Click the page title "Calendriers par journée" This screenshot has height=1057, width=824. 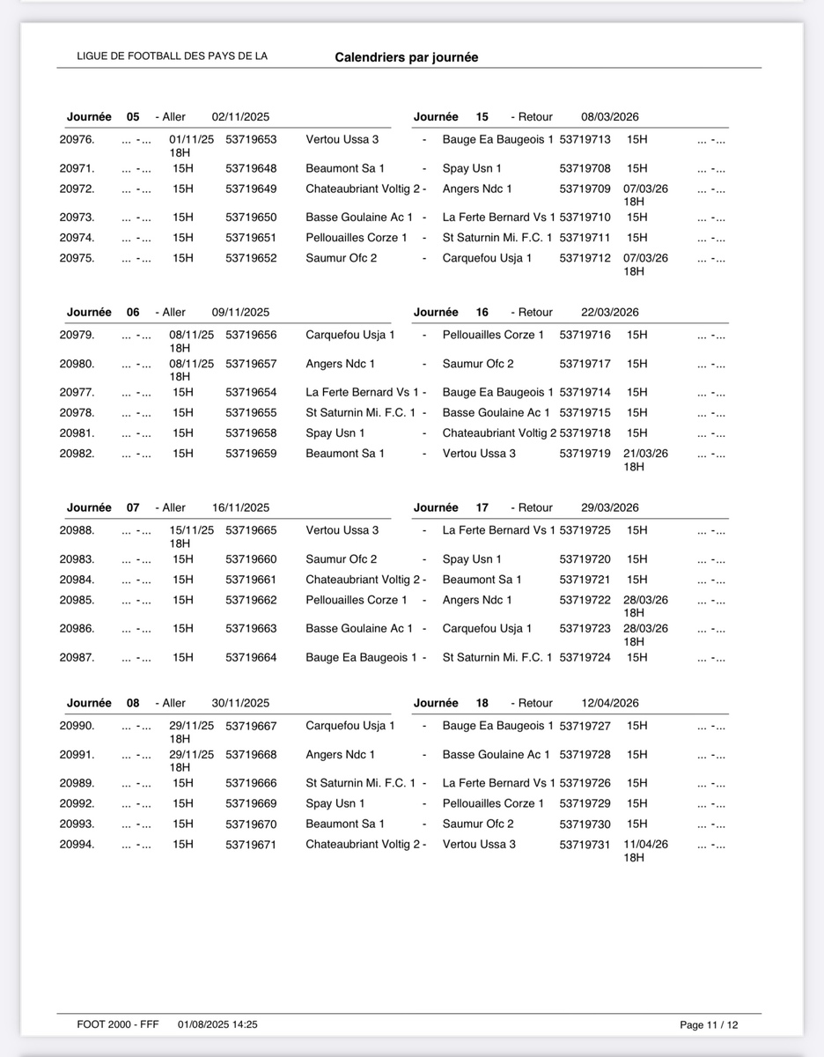coord(406,57)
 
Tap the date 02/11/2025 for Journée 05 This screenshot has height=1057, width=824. coord(240,116)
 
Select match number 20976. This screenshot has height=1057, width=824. coord(77,139)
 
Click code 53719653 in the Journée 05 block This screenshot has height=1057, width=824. coord(251,139)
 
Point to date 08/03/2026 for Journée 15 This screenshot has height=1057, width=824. coord(610,116)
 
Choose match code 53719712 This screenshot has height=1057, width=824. coord(585,258)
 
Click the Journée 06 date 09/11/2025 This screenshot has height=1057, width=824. coord(240,312)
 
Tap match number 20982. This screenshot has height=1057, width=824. coord(77,454)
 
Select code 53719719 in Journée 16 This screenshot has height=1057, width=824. coord(585,454)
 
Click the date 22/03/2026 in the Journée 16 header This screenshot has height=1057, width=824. coord(610,312)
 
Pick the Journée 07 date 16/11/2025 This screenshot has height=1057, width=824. coord(240,507)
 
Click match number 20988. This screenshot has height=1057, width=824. coord(77,530)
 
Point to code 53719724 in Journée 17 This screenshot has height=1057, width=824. coord(585,657)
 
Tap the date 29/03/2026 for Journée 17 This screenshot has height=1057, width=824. coord(610,507)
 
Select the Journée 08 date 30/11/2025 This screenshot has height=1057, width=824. coord(240,703)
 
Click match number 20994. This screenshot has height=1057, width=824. coord(77,844)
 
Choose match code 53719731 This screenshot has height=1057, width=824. coord(585,844)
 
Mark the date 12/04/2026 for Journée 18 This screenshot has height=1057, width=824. coord(610,703)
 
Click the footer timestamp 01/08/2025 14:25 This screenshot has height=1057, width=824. coord(217,1024)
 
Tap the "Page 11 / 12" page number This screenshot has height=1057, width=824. coord(709,1025)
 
